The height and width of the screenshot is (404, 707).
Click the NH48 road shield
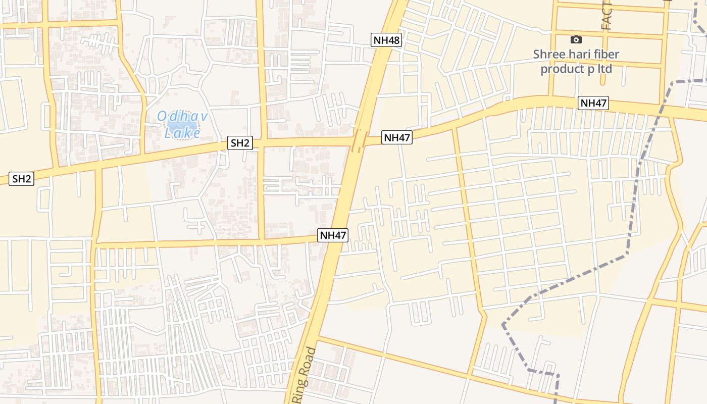pyautogui.click(x=386, y=40)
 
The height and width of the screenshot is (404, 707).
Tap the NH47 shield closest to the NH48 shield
pyautogui.click(x=397, y=137)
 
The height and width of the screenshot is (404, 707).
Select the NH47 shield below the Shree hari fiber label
pyautogui.click(x=593, y=103)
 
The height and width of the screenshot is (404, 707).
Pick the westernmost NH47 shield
pyautogui.click(x=333, y=235)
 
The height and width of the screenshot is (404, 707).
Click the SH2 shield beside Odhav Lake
pyautogui.click(x=240, y=143)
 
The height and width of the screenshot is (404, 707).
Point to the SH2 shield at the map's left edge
pyautogui.click(x=22, y=178)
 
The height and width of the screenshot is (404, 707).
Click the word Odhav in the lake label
pyautogui.click(x=182, y=117)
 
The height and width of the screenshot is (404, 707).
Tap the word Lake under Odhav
pyautogui.click(x=182, y=133)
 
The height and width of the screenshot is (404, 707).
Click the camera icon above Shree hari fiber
pyautogui.click(x=576, y=39)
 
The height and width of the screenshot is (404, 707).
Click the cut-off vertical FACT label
pyautogui.click(x=607, y=15)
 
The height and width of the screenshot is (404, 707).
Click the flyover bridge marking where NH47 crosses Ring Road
pyautogui.click(x=360, y=140)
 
